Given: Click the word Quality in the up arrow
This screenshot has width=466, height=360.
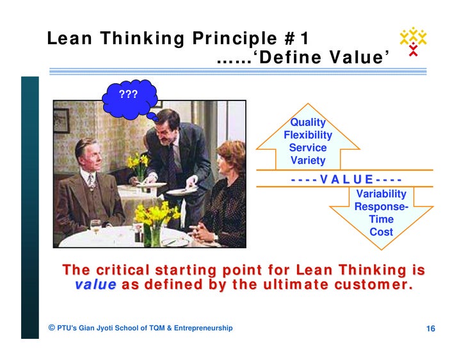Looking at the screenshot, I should [308, 122].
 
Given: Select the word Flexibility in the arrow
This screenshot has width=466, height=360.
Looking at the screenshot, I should [308, 135].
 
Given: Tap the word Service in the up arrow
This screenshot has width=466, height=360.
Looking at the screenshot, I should [308, 148].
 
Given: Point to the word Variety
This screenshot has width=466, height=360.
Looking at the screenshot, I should [308, 160].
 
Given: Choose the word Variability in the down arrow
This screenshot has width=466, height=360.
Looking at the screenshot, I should [381, 194].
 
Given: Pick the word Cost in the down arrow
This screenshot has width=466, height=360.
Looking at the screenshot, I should [381, 232].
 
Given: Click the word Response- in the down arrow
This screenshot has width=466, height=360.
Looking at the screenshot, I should [381, 207].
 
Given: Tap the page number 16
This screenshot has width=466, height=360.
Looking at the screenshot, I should [431, 329].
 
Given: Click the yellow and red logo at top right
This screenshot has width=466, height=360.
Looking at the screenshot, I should [413, 41].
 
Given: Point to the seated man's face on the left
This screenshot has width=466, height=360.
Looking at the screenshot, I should [86, 154].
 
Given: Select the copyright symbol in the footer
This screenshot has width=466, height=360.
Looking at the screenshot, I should [51, 328].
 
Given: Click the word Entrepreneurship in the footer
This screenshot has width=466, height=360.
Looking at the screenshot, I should [202, 328].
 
